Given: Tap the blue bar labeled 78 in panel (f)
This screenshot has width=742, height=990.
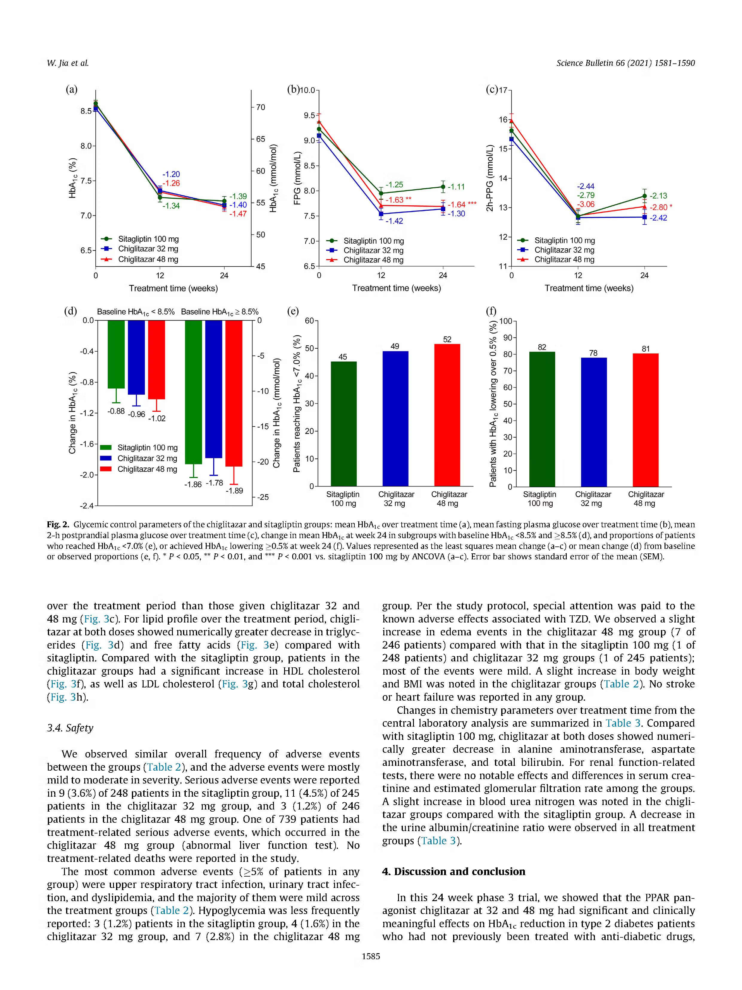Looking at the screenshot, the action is click(594, 422).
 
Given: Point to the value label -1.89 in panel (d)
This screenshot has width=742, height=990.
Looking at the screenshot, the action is click(234, 491).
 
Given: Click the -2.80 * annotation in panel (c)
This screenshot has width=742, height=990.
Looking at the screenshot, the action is click(661, 207).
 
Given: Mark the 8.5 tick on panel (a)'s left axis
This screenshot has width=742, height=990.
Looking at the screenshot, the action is click(86, 111).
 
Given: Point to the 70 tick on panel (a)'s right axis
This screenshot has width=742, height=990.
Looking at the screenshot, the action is click(260, 107).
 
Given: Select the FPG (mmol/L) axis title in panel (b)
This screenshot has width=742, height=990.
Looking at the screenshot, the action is click(297, 178).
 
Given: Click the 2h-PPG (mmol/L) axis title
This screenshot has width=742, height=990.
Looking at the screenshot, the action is click(490, 178).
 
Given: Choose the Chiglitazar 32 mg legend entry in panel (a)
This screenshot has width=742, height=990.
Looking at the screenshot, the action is click(140, 249).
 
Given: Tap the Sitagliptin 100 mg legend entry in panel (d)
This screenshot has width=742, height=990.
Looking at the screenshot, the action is click(139, 447).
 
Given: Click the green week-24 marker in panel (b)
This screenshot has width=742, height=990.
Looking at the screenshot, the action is click(443, 187).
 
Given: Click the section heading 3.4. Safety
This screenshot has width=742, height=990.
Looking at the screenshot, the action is click(70, 728).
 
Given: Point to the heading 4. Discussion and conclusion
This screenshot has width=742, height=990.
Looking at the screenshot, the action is click(453, 871).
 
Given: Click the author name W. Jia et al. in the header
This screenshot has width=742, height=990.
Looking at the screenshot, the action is click(68, 63).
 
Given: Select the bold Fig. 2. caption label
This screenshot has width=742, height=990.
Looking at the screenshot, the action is click(58, 525).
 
